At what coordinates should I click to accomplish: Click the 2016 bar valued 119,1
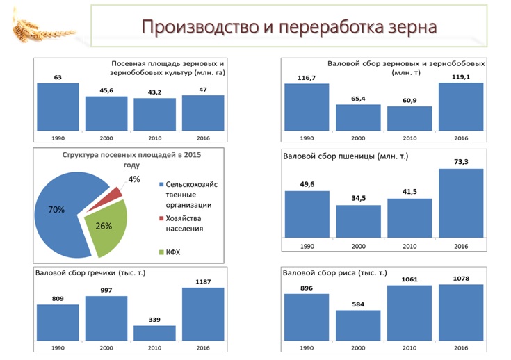(x=461, y=107)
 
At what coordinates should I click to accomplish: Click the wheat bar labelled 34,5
(x=358, y=222)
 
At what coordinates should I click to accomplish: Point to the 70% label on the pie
(x=57, y=208)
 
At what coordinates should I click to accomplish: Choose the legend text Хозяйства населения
(x=188, y=222)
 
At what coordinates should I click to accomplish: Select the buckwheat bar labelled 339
(x=154, y=333)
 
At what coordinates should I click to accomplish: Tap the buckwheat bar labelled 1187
(x=203, y=313)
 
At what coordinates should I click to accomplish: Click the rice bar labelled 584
(x=358, y=325)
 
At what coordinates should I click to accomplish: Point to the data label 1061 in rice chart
(x=409, y=279)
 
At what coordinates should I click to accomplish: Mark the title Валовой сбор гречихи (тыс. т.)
(x=86, y=272)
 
